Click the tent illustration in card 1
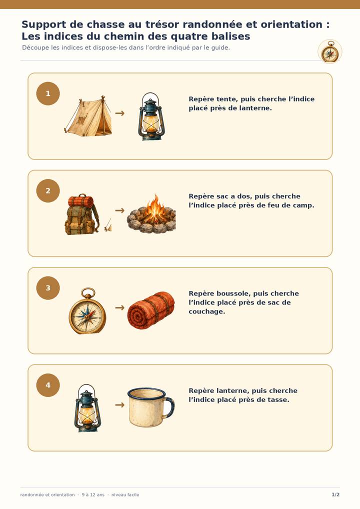(88, 116)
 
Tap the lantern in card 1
(151, 116)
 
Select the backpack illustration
(82, 214)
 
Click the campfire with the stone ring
(151, 214)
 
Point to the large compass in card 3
(87, 311)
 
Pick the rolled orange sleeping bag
(151, 310)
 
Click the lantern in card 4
(87, 408)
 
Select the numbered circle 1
(48, 93)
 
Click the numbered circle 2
(48, 191)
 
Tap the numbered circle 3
(48, 288)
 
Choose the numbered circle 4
(48, 385)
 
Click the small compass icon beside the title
(330, 51)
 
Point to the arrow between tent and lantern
(120, 113)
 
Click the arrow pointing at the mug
(120, 405)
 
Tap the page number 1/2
(335, 494)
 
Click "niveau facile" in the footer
(125, 494)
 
